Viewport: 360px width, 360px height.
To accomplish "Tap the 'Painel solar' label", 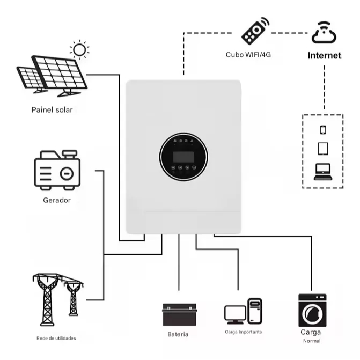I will point(52,110).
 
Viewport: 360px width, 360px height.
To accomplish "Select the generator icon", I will point(57,171).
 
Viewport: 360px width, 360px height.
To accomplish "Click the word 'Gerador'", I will point(56,200).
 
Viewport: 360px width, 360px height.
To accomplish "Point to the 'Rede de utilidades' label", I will point(56,338).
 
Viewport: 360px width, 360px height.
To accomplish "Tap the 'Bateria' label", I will point(178,334).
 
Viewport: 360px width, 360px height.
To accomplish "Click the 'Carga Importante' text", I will point(244,332).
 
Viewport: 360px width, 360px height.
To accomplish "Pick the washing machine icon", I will point(312,310).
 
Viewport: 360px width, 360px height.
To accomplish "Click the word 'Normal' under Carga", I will point(311,341).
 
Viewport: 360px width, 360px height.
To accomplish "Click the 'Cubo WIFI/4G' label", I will point(248,55).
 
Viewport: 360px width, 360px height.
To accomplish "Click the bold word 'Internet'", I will point(324,55).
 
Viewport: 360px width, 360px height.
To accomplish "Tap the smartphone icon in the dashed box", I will point(323,129).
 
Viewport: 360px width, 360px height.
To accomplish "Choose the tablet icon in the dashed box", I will point(323,148).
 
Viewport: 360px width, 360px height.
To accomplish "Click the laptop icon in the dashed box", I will point(323,171).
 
